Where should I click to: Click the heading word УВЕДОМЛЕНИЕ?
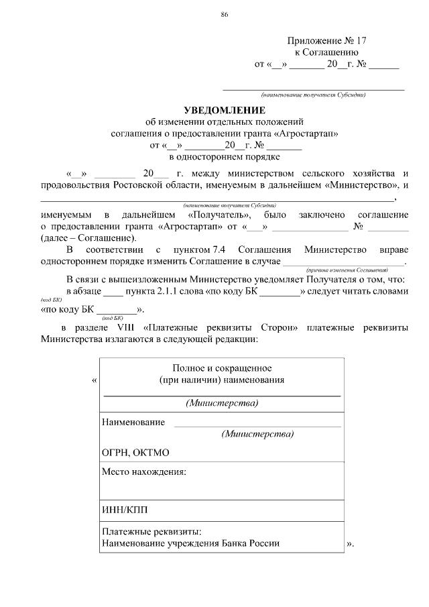point(225,110)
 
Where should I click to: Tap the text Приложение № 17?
point(326,41)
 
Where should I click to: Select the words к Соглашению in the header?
point(326,52)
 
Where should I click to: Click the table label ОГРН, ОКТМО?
point(135,453)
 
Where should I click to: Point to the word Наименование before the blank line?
point(133,422)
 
